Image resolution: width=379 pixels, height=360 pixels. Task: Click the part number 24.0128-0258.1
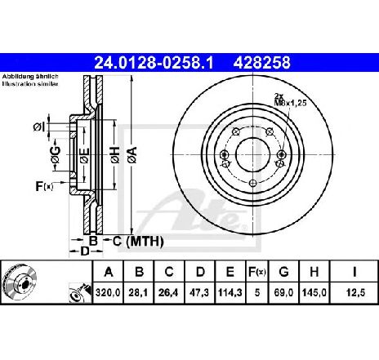(x=154, y=63)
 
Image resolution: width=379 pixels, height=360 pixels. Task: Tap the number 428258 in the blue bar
(x=261, y=63)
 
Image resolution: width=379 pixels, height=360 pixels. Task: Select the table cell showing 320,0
(x=108, y=293)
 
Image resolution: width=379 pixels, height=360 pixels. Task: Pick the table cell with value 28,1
(x=139, y=293)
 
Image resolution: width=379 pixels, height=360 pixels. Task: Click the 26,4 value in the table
(x=169, y=293)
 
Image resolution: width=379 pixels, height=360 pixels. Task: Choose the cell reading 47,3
(x=199, y=293)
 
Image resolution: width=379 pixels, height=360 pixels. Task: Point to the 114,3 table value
(x=230, y=293)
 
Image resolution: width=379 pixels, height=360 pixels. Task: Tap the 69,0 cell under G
(x=283, y=293)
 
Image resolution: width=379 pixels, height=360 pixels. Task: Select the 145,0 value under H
(x=314, y=293)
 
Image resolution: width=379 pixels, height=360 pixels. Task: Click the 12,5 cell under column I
(x=355, y=293)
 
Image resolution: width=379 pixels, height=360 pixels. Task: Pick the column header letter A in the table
(x=109, y=272)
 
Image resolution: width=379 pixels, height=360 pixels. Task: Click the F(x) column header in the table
(x=257, y=272)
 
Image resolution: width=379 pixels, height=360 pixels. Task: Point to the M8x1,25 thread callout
(x=290, y=103)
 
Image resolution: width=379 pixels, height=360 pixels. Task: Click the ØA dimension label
(x=132, y=155)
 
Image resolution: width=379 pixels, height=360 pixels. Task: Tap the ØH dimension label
(x=115, y=155)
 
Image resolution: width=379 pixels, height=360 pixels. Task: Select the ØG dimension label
(x=56, y=154)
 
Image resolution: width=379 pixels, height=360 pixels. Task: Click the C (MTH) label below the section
(x=138, y=242)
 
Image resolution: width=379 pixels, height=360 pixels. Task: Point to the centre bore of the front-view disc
(x=253, y=154)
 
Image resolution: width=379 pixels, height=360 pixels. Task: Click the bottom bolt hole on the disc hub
(x=253, y=183)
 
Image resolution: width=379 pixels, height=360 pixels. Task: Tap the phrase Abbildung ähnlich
(x=30, y=77)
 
